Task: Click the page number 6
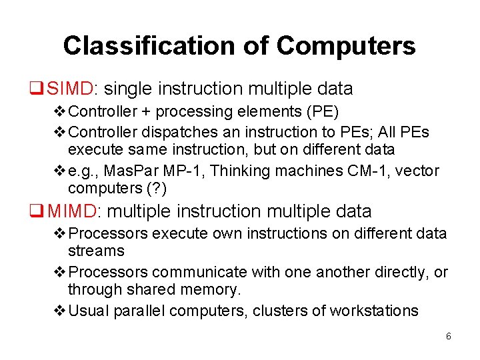click(x=448, y=337)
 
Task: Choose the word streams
click(x=96, y=251)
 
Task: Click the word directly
click(x=394, y=272)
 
